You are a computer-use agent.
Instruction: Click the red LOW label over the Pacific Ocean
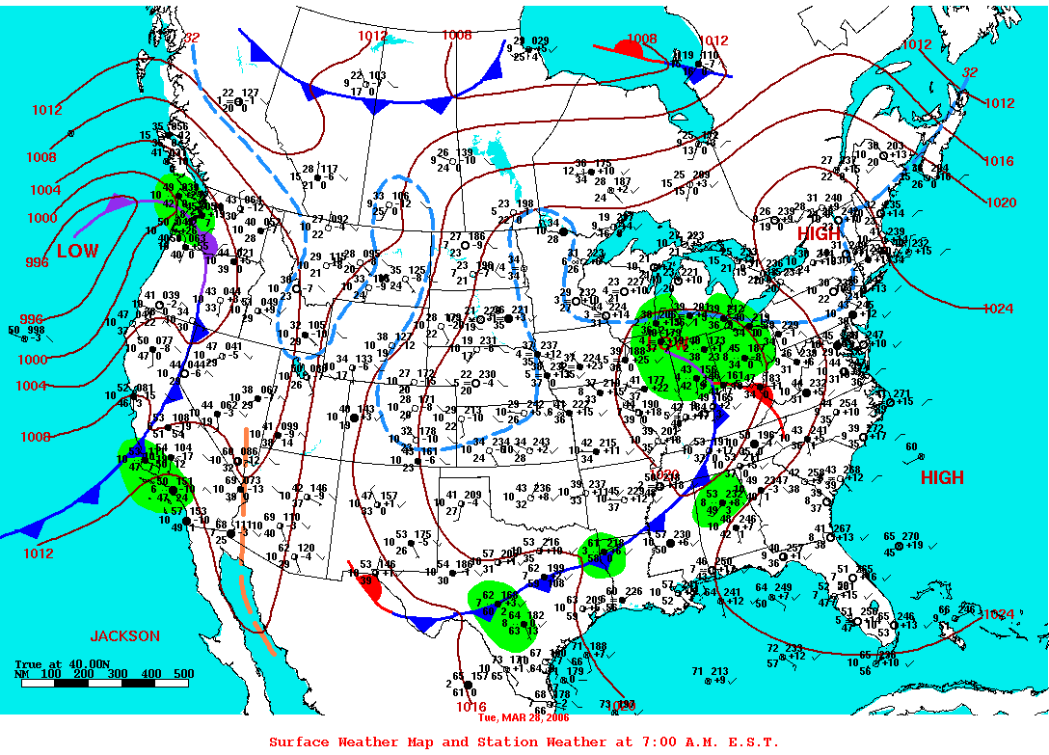point(77,251)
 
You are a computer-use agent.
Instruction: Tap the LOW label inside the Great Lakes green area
point(668,344)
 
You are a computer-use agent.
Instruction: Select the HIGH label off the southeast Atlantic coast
point(941,477)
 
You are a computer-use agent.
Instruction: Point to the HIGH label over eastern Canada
point(819,233)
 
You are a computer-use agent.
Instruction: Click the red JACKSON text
point(125,636)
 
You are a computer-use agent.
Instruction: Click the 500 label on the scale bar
point(184,673)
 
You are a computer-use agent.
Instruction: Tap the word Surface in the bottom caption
point(300,742)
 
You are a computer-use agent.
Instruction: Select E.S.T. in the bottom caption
point(751,742)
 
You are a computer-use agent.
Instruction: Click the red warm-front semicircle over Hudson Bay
point(637,48)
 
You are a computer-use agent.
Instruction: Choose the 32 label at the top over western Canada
point(192,38)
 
